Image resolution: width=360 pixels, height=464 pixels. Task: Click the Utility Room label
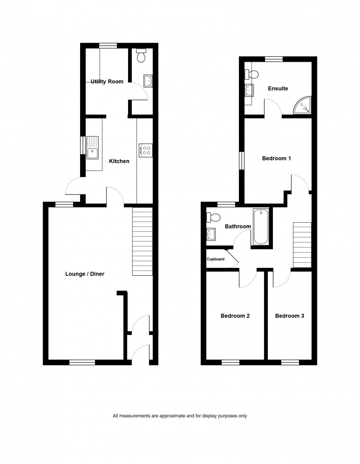[x=107, y=82]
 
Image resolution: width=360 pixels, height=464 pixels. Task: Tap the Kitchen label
[x=119, y=161]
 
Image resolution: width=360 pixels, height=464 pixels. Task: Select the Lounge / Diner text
[x=85, y=274]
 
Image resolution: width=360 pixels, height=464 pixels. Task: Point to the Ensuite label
[x=278, y=89]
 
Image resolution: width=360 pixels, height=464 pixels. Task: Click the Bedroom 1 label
[x=276, y=159]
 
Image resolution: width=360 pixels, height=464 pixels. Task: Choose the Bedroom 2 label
[x=235, y=316]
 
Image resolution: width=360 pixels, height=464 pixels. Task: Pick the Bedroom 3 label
[x=289, y=316]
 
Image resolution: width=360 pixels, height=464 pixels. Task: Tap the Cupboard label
[x=216, y=259]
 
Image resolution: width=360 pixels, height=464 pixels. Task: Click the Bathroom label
[x=238, y=226]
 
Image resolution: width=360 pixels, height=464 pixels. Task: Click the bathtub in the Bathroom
[x=261, y=226]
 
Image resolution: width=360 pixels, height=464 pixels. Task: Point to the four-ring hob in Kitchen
[x=146, y=150]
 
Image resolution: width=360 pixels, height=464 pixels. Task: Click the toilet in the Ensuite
[x=252, y=75]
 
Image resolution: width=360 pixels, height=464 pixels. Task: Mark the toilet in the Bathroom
[x=214, y=217]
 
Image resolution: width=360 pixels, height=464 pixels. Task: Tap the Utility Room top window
[x=108, y=45]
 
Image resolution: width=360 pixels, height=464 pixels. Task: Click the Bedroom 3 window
[x=290, y=362]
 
